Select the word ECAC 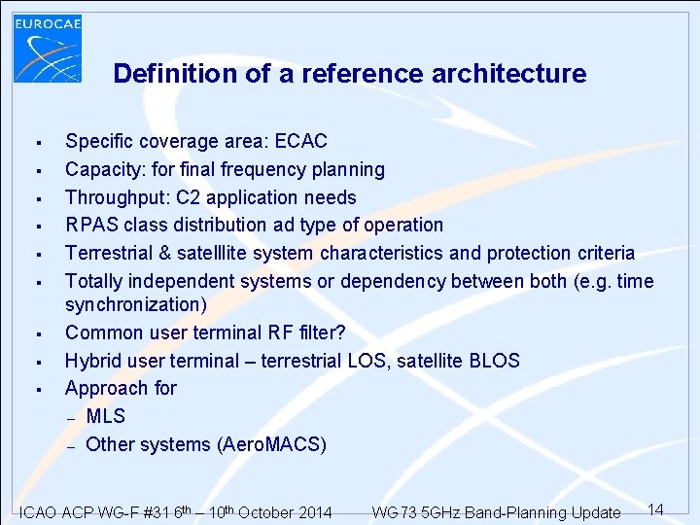[x=301, y=142]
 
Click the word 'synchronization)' [x=136, y=305]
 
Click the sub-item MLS [x=106, y=416]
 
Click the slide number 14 [x=655, y=509]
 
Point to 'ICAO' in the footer [x=40, y=513]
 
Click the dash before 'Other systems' [x=71, y=446]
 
